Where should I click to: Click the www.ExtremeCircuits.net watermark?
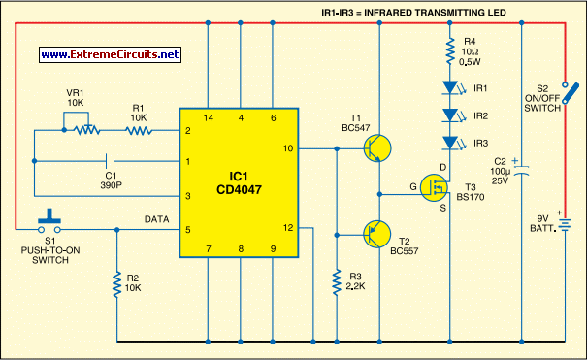(111, 54)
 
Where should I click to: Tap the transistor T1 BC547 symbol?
(376, 148)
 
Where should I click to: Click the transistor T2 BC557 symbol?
(376, 234)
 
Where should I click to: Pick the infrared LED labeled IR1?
(449, 87)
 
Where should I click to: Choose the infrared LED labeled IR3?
(449, 143)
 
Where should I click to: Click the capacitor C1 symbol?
(112, 162)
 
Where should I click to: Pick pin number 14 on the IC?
(209, 117)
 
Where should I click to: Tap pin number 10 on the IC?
(287, 148)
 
